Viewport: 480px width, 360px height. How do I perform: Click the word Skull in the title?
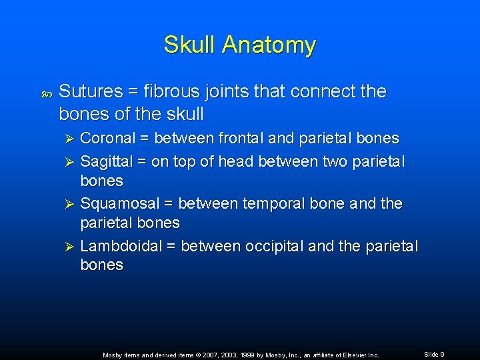190,45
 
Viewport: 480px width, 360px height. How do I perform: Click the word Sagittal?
111,161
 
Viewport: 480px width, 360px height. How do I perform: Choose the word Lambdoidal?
121,246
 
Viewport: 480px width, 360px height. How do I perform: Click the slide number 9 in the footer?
442,354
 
